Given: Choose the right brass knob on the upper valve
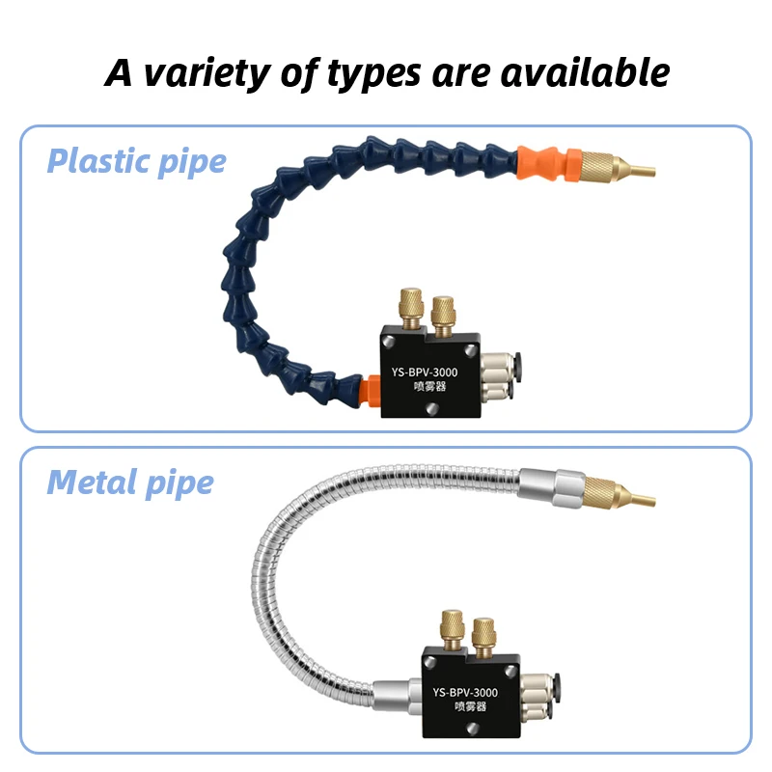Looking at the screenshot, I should pyautogui.click(x=444, y=312).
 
